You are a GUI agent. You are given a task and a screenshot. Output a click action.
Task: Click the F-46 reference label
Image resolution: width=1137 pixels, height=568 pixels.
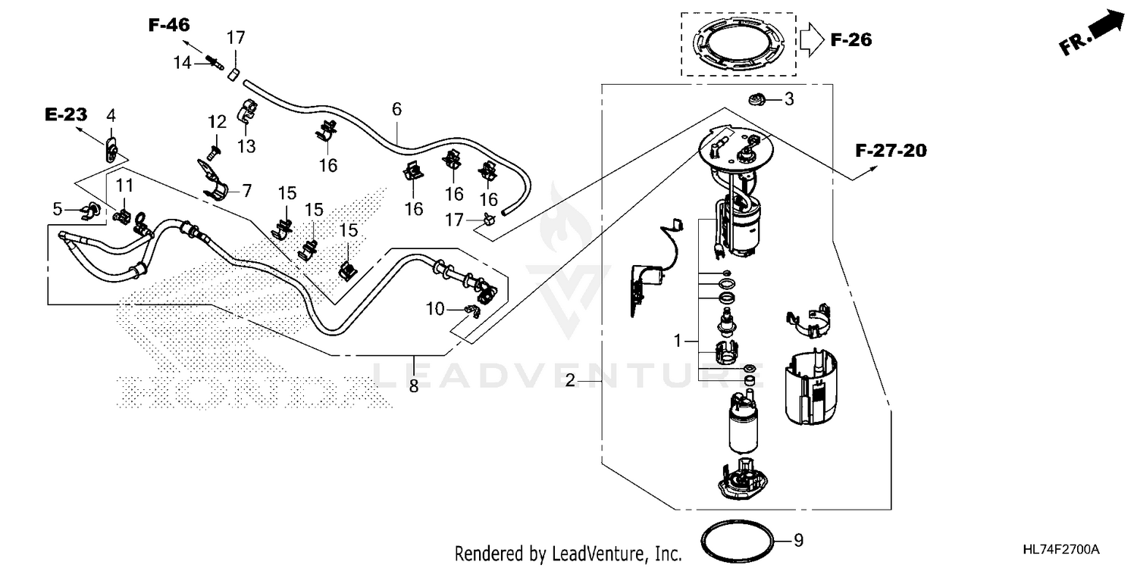[168, 25]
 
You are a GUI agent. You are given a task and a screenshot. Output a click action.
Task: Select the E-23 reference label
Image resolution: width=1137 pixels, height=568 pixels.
[66, 115]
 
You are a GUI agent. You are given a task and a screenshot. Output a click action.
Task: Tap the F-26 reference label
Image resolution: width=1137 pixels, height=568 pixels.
[851, 40]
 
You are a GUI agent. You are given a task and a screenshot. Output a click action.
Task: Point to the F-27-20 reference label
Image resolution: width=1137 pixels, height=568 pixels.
[891, 151]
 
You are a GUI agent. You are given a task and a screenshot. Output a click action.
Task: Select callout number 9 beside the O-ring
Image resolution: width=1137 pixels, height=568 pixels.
[797, 541]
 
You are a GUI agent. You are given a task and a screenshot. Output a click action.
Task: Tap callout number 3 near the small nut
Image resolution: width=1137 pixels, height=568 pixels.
[788, 99]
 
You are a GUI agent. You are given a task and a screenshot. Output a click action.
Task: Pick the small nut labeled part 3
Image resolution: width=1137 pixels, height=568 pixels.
[756, 98]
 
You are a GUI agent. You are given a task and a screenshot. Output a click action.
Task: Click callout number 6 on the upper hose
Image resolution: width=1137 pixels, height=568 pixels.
[396, 109]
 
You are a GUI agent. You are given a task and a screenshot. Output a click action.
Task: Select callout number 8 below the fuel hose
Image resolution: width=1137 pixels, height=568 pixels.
[414, 386]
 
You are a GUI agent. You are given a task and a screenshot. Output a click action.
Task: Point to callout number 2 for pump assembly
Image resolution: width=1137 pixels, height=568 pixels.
[571, 381]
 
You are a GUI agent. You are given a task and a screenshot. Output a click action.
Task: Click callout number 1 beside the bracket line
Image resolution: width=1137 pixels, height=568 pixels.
[678, 342]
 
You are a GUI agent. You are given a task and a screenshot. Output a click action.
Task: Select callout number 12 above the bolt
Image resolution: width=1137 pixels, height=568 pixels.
[218, 121]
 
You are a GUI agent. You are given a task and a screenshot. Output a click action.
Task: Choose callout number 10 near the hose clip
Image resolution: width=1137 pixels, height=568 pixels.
[434, 309]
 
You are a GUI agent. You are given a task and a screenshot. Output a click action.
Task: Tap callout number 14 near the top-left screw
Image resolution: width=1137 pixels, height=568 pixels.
[183, 63]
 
